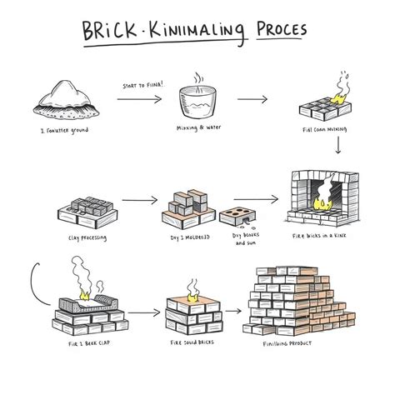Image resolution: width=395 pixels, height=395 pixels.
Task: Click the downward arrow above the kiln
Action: coord(338,147)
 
